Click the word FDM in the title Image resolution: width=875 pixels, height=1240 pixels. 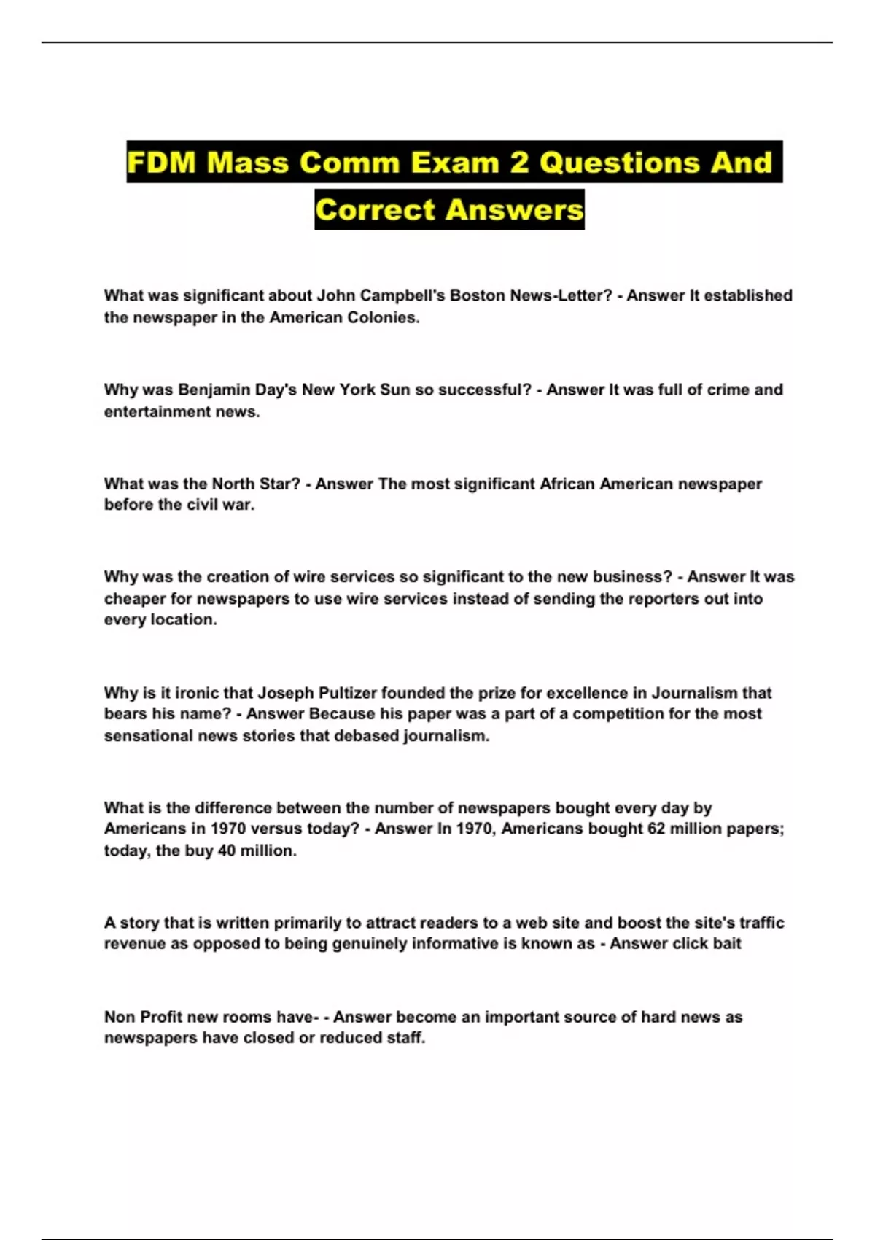(162, 162)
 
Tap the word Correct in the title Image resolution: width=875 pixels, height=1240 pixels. (375, 210)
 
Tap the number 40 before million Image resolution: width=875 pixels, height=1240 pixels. (226, 850)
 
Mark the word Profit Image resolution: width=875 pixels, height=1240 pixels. (161, 1017)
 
